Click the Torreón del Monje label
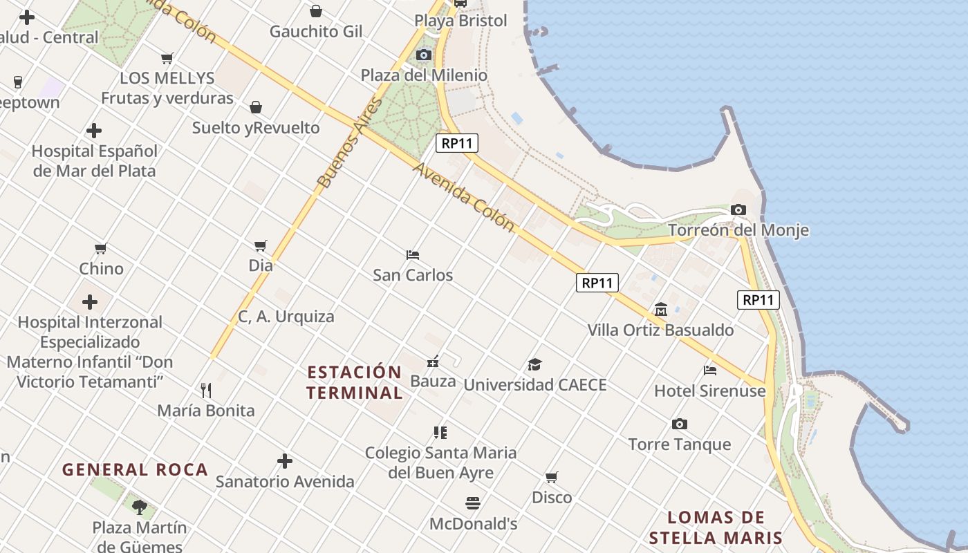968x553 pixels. click(x=738, y=230)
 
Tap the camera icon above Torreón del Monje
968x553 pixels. click(x=738, y=209)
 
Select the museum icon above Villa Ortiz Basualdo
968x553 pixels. click(x=661, y=309)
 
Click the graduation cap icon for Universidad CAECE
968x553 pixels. click(x=534, y=364)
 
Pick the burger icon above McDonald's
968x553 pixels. click(x=473, y=503)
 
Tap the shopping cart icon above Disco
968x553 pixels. click(x=551, y=477)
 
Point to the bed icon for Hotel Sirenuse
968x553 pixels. click(x=710, y=370)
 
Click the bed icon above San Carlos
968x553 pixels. click(x=413, y=254)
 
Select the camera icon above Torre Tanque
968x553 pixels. click(x=680, y=424)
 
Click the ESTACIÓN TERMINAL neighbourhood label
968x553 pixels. click(x=355, y=382)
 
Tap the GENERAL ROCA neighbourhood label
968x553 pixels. click(x=136, y=470)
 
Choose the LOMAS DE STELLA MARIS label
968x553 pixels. click(x=716, y=527)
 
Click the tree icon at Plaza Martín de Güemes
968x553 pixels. click(x=140, y=507)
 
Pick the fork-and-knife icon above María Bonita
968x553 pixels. click(x=205, y=391)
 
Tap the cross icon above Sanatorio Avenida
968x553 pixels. click(x=285, y=461)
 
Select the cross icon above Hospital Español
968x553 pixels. click(x=94, y=131)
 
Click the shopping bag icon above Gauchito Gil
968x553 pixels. click(x=316, y=11)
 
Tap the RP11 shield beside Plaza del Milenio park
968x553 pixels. click(x=457, y=144)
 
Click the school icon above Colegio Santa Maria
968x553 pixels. click(x=440, y=433)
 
